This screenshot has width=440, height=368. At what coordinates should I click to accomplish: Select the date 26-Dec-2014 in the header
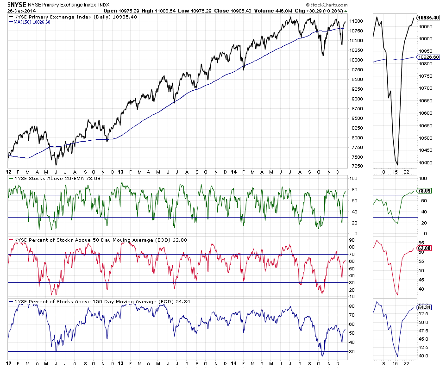point(19,10)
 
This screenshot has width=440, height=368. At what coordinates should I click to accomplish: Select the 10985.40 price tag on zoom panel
point(428,17)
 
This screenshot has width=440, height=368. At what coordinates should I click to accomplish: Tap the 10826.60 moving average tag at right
point(428,57)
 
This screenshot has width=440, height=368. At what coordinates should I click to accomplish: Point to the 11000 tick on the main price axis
point(357,21)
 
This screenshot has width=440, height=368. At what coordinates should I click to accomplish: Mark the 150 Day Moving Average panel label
point(93,302)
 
